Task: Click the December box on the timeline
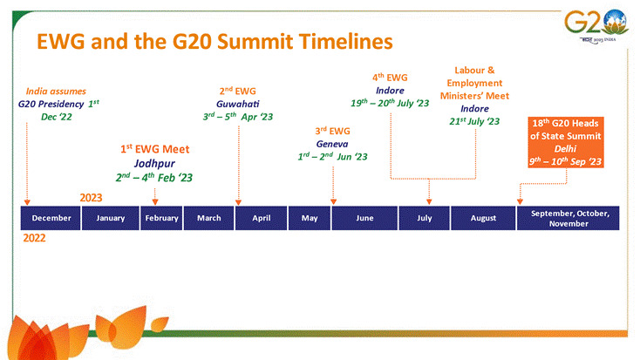[x=51, y=218]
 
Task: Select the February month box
[x=161, y=218]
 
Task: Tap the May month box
[x=310, y=218]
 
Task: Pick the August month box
[x=483, y=218]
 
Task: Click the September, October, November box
[x=569, y=218]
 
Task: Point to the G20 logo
[x=596, y=25]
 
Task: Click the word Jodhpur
[x=154, y=164]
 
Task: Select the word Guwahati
[x=237, y=104]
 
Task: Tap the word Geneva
[x=332, y=144]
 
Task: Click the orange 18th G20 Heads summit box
[x=566, y=142]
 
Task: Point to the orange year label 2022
[x=34, y=238]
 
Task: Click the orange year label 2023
[x=91, y=198]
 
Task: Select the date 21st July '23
[x=474, y=121]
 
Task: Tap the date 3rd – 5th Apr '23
[x=238, y=117]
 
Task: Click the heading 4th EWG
[x=390, y=77]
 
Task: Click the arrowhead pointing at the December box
[x=27, y=202]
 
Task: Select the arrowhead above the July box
[x=429, y=201]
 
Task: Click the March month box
[x=208, y=218]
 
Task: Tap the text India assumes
[x=56, y=92]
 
